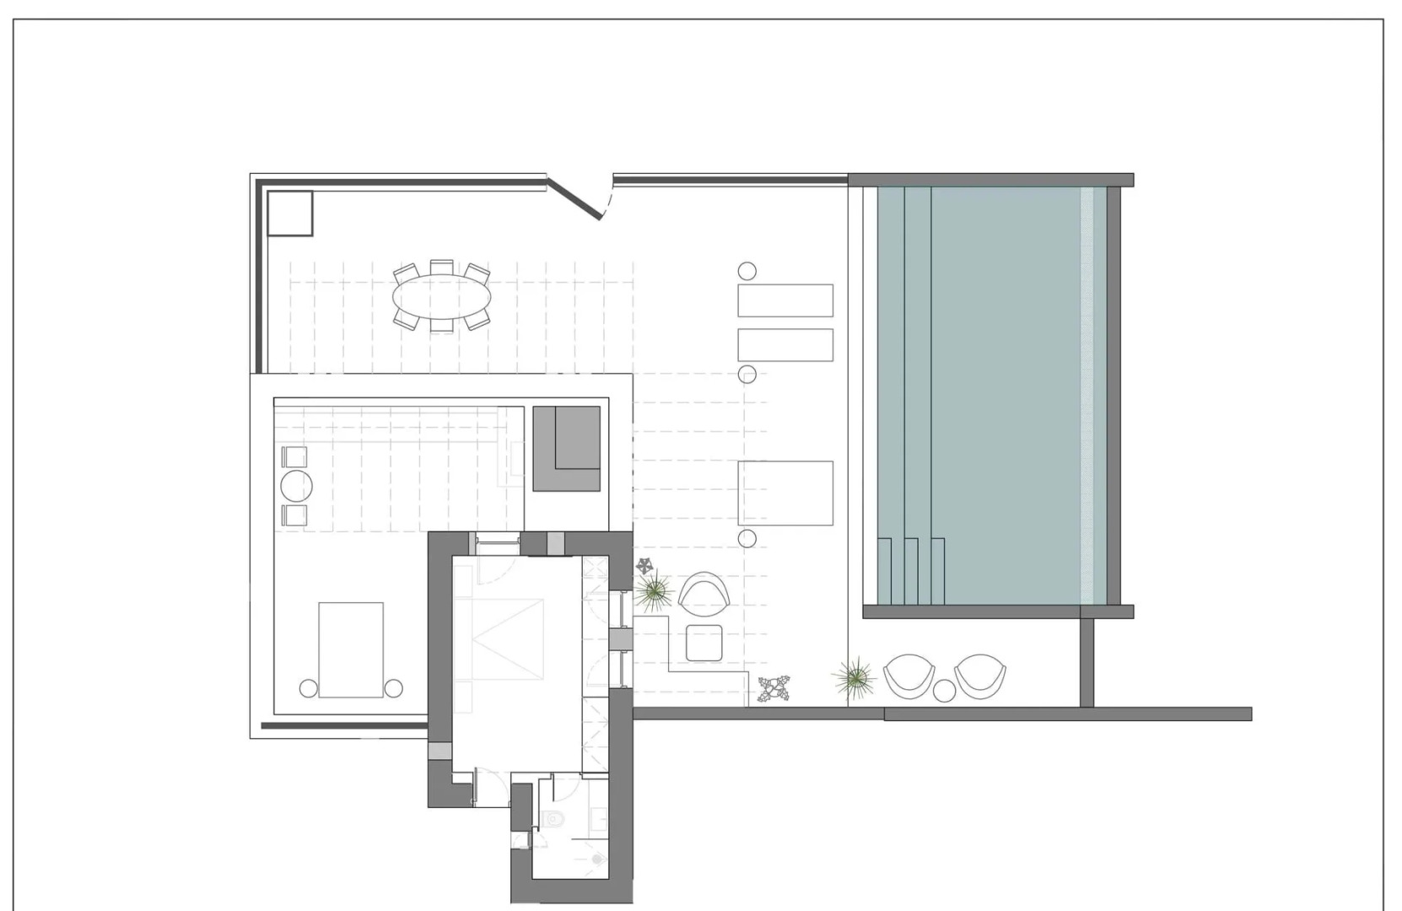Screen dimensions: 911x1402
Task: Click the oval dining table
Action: point(442,295)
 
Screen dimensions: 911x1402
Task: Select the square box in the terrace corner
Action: point(289,213)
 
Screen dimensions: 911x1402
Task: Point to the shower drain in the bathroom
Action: point(597,860)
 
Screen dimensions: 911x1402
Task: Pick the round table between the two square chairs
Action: point(296,486)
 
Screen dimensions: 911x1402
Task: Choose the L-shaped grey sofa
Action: point(566,448)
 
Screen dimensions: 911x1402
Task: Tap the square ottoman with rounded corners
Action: point(704,643)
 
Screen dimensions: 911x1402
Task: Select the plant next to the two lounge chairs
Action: point(855,677)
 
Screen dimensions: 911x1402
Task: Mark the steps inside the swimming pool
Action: point(910,570)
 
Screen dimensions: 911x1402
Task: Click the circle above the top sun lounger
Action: point(747,271)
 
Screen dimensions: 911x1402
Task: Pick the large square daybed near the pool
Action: point(785,493)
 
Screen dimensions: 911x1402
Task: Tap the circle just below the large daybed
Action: point(747,538)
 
